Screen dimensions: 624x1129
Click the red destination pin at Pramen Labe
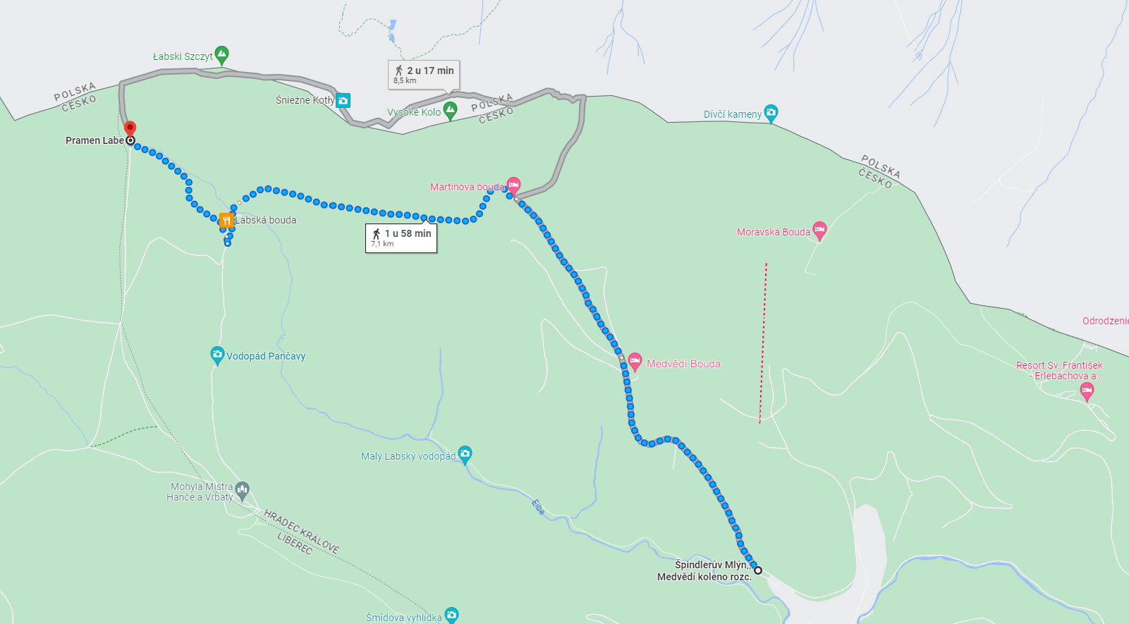[x=130, y=128]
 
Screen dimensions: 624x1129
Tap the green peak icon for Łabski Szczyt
[x=221, y=54]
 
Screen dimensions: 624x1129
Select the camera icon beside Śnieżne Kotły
[x=343, y=101]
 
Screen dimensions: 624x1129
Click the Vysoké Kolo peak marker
[x=450, y=109]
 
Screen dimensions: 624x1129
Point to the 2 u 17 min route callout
[x=424, y=74]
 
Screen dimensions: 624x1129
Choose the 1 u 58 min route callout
[x=401, y=238]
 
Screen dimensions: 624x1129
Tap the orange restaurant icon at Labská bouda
[x=226, y=220]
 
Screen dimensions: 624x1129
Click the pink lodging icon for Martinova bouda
[x=513, y=185]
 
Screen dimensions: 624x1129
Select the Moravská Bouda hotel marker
[x=819, y=229]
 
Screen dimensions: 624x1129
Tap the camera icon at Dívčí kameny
[x=771, y=112]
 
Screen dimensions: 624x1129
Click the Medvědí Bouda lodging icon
[x=635, y=362]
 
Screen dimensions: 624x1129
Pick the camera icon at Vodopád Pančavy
[x=217, y=354]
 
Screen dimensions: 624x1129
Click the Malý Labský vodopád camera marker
[x=465, y=454]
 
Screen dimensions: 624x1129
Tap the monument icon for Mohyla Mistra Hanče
[x=243, y=489]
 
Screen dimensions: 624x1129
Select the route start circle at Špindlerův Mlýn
[x=758, y=570]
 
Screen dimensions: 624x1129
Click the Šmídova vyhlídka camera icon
[x=451, y=615]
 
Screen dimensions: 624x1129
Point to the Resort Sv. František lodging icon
[x=1087, y=391]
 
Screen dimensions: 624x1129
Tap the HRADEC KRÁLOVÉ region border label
[x=302, y=530]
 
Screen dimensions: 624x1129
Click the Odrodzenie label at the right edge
[x=1104, y=321]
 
